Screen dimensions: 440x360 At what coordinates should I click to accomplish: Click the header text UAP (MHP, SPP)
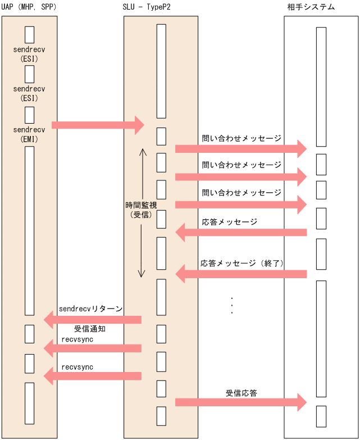(29, 7)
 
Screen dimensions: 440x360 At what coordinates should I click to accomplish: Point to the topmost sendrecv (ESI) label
(29, 54)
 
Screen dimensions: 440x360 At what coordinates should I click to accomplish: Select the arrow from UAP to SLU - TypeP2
(98, 125)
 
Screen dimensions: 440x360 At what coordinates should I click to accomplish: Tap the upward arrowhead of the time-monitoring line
(143, 151)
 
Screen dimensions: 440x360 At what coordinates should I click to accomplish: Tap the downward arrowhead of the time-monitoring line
(143, 275)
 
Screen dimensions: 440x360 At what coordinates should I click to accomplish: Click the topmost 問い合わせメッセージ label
(241, 138)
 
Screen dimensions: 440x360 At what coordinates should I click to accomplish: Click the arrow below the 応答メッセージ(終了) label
(241, 274)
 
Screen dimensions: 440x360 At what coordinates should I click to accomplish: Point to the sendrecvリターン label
(90, 309)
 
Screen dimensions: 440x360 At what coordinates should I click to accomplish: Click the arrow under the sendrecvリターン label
(93, 320)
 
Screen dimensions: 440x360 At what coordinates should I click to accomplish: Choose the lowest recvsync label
(77, 367)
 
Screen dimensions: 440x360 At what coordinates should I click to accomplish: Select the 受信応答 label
(241, 393)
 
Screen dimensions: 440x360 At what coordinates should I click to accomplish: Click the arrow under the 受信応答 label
(241, 402)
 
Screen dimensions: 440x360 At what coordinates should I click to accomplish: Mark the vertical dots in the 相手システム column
(232, 305)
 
